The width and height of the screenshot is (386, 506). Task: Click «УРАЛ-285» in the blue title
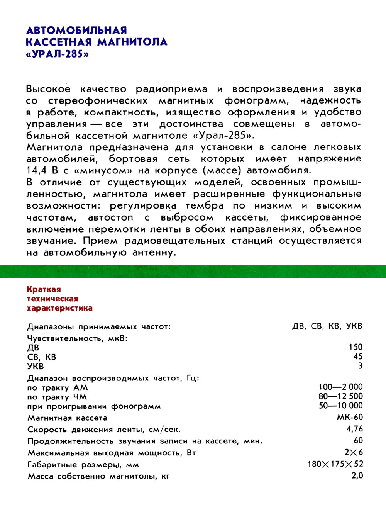point(57,53)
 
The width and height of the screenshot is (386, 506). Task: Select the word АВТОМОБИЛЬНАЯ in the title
point(76,30)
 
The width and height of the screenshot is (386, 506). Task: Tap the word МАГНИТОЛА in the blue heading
point(132,42)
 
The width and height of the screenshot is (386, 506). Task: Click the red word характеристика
point(59,308)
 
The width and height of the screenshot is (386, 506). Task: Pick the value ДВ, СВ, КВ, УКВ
point(327,326)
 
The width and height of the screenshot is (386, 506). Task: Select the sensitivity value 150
point(356,347)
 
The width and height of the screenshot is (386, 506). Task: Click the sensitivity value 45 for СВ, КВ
point(358,356)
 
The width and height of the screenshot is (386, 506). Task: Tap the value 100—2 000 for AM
point(341,387)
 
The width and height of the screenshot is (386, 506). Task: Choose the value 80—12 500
point(341,396)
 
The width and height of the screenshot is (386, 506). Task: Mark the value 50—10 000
point(341,405)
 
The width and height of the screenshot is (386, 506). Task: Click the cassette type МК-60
point(350,417)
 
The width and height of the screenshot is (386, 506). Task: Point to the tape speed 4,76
point(355,429)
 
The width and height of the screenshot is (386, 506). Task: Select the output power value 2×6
point(354,452)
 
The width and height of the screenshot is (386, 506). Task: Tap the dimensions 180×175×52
point(335,464)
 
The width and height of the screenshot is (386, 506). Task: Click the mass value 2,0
point(357,475)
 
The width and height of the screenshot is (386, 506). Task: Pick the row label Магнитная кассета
point(67,418)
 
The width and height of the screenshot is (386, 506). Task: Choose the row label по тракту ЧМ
point(57,397)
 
